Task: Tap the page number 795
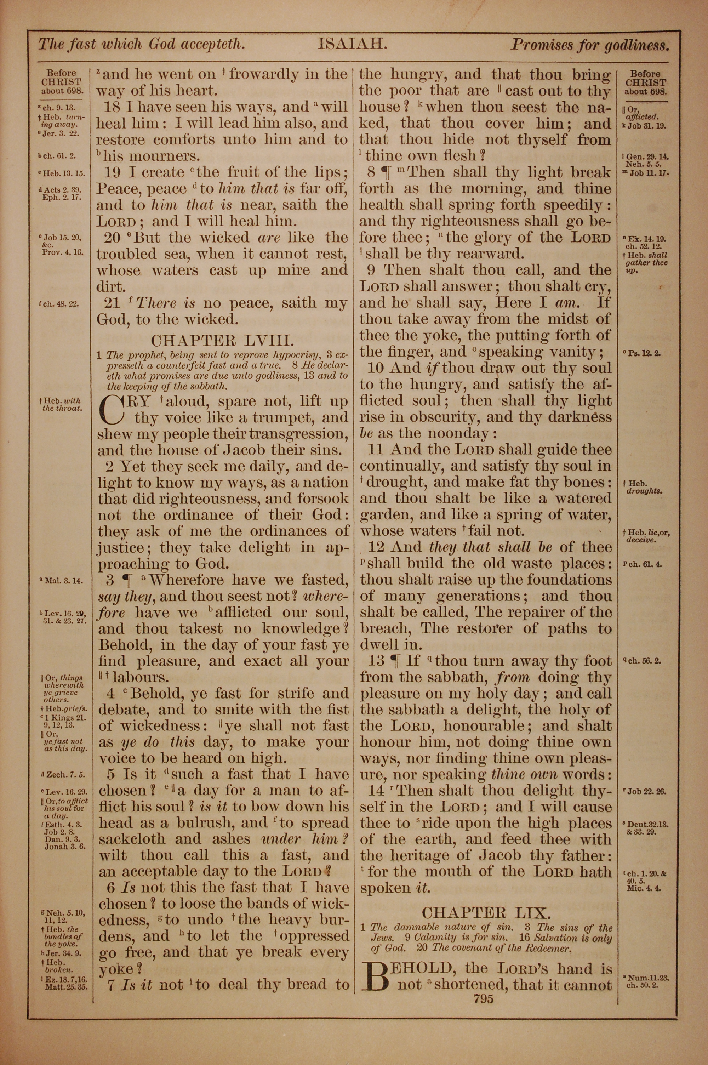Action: [484, 999]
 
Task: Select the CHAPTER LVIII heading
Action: [223, 340]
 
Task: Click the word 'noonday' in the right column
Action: [458, 433]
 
